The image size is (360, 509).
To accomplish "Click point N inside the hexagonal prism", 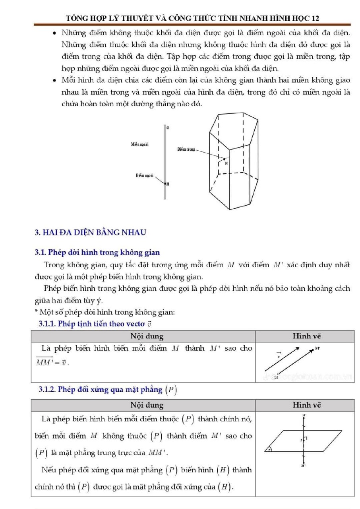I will [226, 163].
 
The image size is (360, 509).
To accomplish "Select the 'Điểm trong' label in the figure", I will [186, 149].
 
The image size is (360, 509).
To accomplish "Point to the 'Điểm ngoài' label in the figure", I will [145, 175].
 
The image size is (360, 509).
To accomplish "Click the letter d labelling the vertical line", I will [168, 128].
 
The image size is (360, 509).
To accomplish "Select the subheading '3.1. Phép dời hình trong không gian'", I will [97, 252].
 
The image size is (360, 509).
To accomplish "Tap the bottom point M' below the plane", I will [303, 465].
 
